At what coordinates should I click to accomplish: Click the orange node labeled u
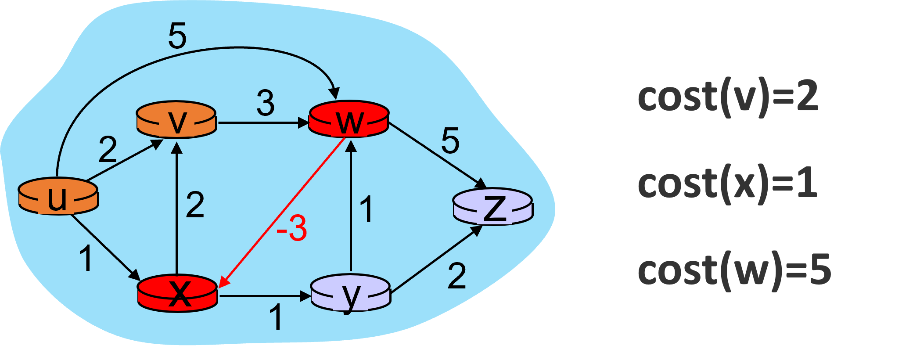pos(58,197)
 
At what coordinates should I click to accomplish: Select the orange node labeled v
pos(176,120)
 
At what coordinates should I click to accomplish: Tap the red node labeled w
pos(349,120)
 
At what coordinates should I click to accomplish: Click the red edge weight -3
pos(291,228)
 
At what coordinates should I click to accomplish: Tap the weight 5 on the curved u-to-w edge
pos(177,36)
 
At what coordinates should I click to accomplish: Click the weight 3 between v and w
pos(266,104)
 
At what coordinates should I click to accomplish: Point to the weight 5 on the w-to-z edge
pos(450,141)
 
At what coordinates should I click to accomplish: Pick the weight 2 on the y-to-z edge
pos(456,276)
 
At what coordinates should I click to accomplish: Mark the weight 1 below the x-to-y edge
pos(276,317)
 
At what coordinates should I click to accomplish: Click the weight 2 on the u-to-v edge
pos(108,150)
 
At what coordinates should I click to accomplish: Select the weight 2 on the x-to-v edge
pos(195,205)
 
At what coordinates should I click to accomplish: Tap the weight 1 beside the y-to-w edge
pos(366,209)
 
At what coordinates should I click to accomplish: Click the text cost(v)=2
pos(727,97)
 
